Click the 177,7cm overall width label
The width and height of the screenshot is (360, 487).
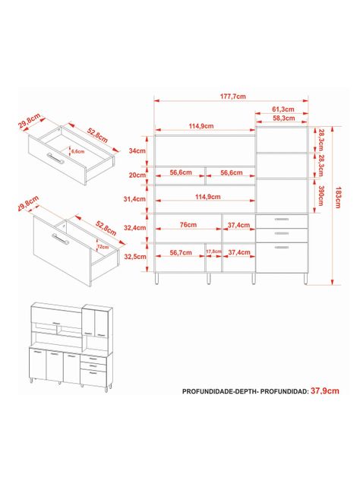(x=233, y=96)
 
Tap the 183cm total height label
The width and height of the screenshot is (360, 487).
(x=338, y=198)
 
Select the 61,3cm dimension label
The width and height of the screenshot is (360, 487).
(x=283, y=109)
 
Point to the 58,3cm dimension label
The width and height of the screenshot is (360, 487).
(x=284, y=119)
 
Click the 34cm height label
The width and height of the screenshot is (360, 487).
(x=137, y=151)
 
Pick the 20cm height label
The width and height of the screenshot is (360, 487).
(x=137, y=176)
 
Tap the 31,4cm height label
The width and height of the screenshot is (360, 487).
(x=134, y=199)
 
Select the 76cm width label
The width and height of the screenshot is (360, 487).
(x=188, y=225)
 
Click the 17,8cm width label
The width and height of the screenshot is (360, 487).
(x=214, y=251)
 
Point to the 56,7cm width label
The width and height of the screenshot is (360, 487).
(x=181, y=252)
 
